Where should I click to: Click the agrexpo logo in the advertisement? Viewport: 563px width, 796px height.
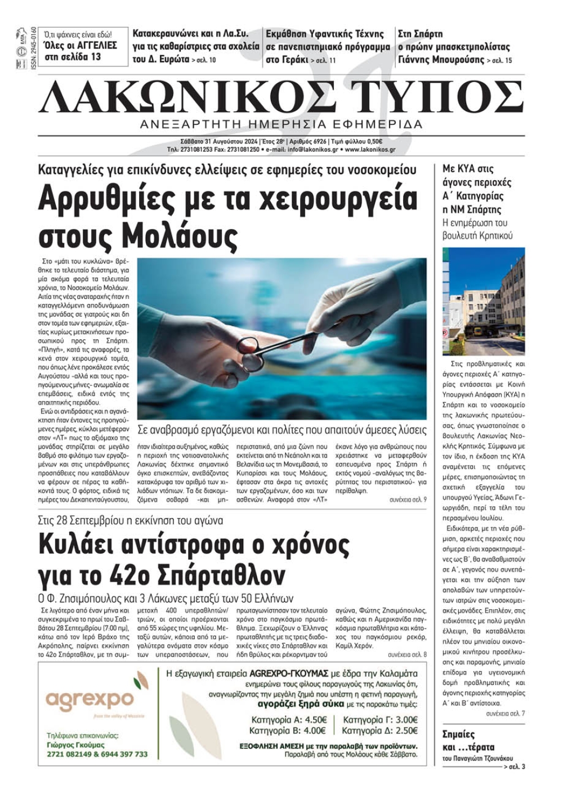click(x=90, y=699)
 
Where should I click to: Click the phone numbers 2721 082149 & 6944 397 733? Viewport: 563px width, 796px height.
click(x=97, y=754)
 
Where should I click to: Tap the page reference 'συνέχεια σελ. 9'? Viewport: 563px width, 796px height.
click(x=408, y=500)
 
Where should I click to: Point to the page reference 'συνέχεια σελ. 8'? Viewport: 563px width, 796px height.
click(x=408, y=655)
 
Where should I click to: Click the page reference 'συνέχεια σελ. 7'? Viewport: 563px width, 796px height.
click(x=506, y=713)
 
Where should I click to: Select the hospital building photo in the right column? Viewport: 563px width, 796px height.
click(x=484, y=301)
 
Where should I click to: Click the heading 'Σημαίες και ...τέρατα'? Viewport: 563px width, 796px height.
click(x=468, y=740)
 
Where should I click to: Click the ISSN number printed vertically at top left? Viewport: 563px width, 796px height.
click(x=33, y=47)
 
